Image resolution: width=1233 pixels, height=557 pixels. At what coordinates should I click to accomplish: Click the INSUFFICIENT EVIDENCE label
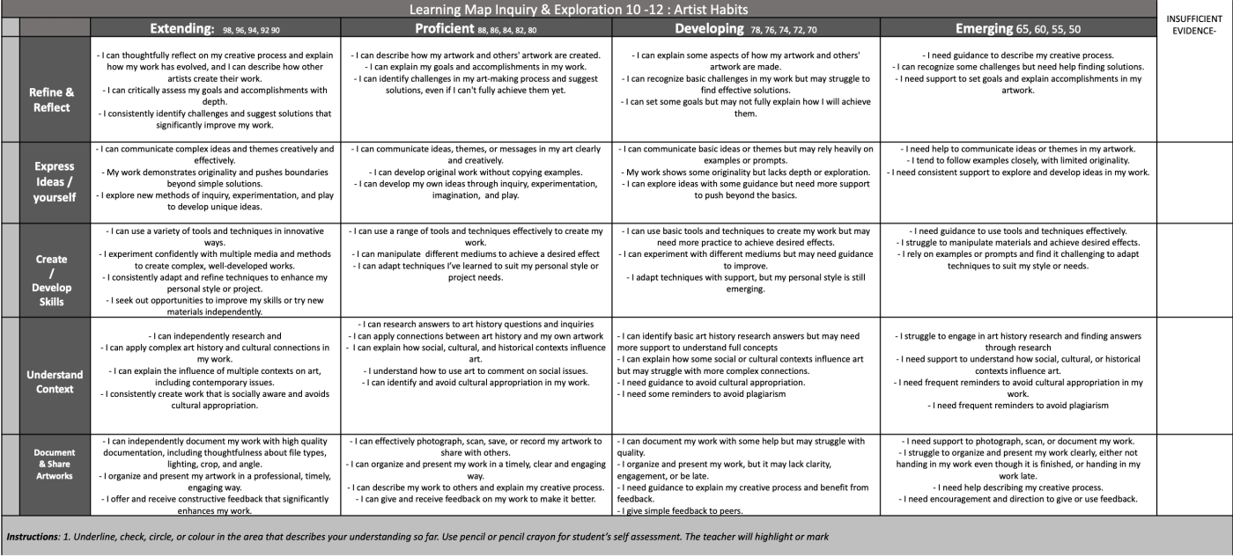click(x=1194, y=24)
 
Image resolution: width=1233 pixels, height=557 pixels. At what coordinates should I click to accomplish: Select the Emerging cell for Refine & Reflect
click(x=1017, y=88)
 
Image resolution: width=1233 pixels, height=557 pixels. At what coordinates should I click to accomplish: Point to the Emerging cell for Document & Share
click(x=1017, y=470)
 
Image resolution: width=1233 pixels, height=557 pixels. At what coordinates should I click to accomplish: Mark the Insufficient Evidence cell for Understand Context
click(x=1193, y=375)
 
